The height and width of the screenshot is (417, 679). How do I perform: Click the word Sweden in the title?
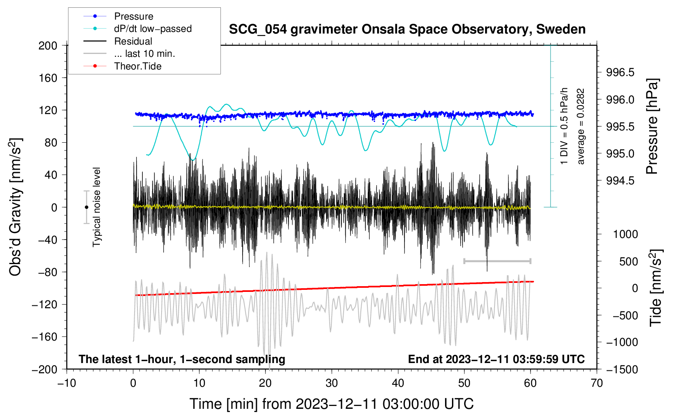(561, 29)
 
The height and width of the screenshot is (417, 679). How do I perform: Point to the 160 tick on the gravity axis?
(47, 78)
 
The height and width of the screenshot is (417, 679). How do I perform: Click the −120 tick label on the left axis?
(45, 304)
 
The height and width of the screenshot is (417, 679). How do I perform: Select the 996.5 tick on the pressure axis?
(620, 72)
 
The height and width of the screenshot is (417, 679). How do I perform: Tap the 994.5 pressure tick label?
(620, 181)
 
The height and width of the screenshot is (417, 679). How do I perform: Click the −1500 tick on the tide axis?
(622, 370)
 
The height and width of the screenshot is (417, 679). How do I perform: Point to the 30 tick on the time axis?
(332, 383)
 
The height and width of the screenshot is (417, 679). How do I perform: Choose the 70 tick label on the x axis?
(596, 383)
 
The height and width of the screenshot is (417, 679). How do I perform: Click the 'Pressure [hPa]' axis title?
(652, 126)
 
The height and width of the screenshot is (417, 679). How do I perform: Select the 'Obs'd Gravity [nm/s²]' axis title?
(15, 207)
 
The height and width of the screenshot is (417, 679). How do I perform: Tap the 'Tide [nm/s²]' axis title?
(656, 288)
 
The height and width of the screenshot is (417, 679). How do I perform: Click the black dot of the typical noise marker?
(86, 207)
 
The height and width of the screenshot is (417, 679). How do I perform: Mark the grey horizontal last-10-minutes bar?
(497, 261)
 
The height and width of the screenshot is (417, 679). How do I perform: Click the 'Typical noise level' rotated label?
(96, 207)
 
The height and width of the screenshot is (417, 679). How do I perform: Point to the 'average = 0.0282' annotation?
(580, 127)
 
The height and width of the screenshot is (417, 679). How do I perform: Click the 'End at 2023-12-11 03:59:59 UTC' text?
(496, 359)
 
